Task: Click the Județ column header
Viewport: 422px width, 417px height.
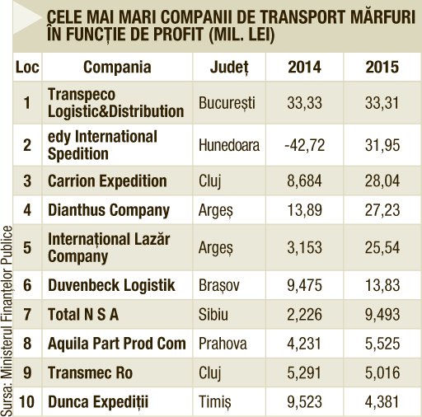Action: (229, 68)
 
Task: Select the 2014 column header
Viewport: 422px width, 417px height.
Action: (304, 67)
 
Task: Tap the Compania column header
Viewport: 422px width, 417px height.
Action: (117, 68)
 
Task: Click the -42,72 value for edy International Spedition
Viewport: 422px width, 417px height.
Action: (304, 145)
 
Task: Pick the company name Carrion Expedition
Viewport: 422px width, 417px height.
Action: (107, 181)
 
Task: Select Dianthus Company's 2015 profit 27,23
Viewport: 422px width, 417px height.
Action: (382, 210)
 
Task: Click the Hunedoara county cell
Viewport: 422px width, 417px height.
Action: (229, 145)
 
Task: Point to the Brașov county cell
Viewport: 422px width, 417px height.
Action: (219, 285)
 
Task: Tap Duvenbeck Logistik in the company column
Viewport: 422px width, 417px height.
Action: (111, 285)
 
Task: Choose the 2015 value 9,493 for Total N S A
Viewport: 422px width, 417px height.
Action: (382, 315)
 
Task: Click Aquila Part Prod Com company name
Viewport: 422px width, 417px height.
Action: (117, 344)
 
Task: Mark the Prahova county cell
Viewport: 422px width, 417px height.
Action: (223, 344)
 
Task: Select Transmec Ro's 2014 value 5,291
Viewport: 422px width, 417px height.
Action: (304, 373)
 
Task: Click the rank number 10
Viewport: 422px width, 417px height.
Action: (26, 402)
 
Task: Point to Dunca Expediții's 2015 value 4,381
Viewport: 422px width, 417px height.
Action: (382, 402)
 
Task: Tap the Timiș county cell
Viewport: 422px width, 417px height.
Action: (215, 402)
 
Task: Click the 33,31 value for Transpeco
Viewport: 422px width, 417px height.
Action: (382, 103)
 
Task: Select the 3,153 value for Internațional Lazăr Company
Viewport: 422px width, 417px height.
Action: (304, 247)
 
